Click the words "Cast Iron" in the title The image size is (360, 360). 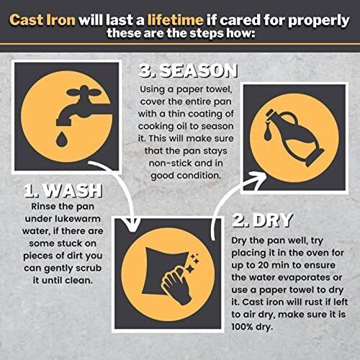[x=42, y=19]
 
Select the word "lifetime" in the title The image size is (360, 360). [x=176, y=19]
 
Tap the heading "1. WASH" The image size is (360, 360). [x=63, y=191]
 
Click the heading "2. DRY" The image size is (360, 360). [x=262, y=220]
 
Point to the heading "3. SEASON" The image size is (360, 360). [x=188, y=71]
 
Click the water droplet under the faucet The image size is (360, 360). [x=61, y=139]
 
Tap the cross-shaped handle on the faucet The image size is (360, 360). [x=84, y=92]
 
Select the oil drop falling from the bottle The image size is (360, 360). [x=269, y=133]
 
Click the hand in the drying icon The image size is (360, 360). [x=176, y=284]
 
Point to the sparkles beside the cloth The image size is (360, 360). [x=194, y=264]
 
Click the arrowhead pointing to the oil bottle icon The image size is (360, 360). [x=258, y=178]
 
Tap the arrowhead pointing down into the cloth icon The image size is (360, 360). [x=132, y=225]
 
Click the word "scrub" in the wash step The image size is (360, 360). [x=89, y=268]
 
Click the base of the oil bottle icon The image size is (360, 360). [x=315, y=158]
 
